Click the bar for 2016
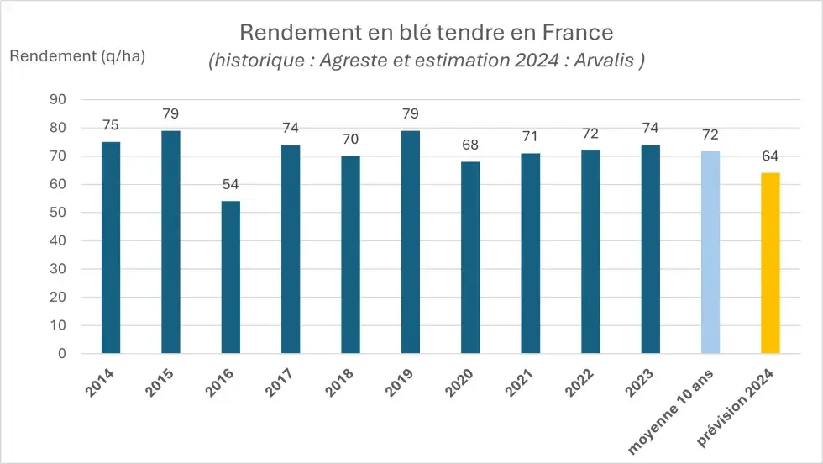230,277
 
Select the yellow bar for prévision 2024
770,263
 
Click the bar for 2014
111,248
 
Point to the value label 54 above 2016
230,184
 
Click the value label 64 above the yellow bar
770,156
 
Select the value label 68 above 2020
470,145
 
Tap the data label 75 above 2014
111,125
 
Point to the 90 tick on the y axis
59,99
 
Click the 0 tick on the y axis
62,354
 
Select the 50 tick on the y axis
59,213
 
